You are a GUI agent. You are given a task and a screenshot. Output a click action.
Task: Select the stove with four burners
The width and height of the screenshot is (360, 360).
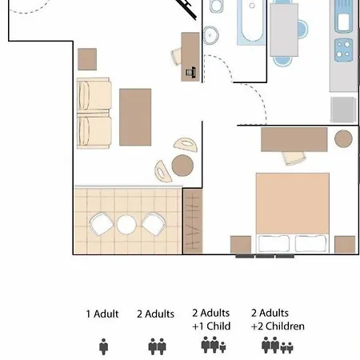pos(344,48)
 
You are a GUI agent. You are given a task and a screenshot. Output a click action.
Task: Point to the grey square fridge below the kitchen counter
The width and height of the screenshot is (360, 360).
pos(342,109)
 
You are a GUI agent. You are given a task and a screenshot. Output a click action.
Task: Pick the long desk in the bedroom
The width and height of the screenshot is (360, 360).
pos(294,139)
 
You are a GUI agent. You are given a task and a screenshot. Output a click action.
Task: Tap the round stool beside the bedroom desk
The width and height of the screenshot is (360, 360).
pos(344,139)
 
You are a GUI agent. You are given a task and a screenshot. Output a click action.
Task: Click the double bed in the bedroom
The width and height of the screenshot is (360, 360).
pos(292,212)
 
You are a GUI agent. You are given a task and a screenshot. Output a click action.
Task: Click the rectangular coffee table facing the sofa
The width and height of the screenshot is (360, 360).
pos(135,117)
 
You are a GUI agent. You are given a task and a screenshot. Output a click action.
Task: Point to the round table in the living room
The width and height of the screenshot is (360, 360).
pos(183,165)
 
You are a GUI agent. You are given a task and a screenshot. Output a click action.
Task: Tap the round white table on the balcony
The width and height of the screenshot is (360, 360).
pos(127,225)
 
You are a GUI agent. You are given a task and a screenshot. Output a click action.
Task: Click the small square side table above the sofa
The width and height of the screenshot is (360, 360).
pos(87,58)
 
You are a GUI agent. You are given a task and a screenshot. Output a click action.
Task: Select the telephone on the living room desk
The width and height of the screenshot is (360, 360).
pos(191,72)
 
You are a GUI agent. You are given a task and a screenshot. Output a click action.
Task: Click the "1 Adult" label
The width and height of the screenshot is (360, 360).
pos(102,314)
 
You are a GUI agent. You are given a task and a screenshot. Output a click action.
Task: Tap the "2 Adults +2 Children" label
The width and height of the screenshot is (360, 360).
pos(278,319)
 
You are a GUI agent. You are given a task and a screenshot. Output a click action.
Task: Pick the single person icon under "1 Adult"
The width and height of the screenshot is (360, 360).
pos(103,346)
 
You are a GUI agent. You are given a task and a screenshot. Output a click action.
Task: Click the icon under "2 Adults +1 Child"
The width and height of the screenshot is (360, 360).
pos(214,346)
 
